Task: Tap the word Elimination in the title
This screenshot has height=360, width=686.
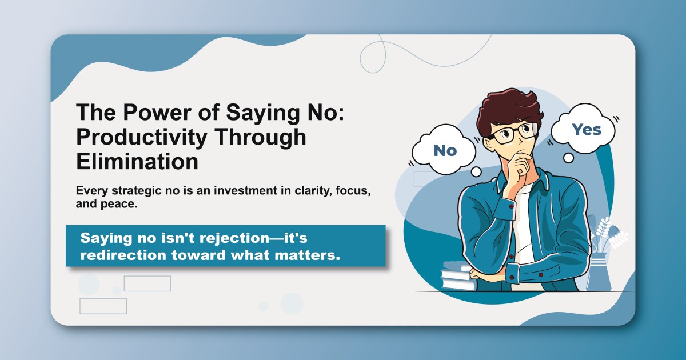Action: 137,161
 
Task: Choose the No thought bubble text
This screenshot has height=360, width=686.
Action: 445,150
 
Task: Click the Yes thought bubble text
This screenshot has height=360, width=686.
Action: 587,130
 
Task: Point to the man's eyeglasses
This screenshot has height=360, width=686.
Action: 510,134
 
